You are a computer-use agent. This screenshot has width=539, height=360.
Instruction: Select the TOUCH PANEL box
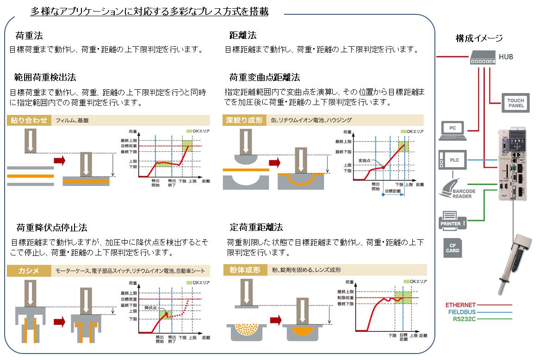tap(515, 103)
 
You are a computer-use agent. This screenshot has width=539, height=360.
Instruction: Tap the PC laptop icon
tap(453, 131)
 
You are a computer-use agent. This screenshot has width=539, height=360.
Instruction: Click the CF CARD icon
tap(452, 248)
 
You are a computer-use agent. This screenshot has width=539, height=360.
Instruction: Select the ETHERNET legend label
tap(460, 305)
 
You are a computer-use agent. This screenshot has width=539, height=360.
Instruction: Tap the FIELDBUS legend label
tap(462, 312)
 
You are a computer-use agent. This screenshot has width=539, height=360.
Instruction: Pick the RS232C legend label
tap(464, 319)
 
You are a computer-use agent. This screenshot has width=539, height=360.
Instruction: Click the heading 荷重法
tap(29, 36)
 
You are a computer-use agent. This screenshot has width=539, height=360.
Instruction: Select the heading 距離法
tap(242, 36)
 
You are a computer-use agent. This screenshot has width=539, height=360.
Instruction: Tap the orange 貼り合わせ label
tap(29, 120)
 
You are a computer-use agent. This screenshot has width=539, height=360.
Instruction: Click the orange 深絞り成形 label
tap(244, 120)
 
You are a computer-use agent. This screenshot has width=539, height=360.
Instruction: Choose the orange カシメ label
tap(29, 271)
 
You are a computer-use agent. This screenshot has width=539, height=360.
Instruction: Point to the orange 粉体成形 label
tap(244, 270)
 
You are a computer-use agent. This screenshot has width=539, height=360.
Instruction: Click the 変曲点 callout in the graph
tap(366, 161)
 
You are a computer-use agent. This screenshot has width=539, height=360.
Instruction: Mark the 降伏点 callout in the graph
tap(151, 307)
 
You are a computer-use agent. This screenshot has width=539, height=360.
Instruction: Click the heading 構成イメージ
tap(479, 38)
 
